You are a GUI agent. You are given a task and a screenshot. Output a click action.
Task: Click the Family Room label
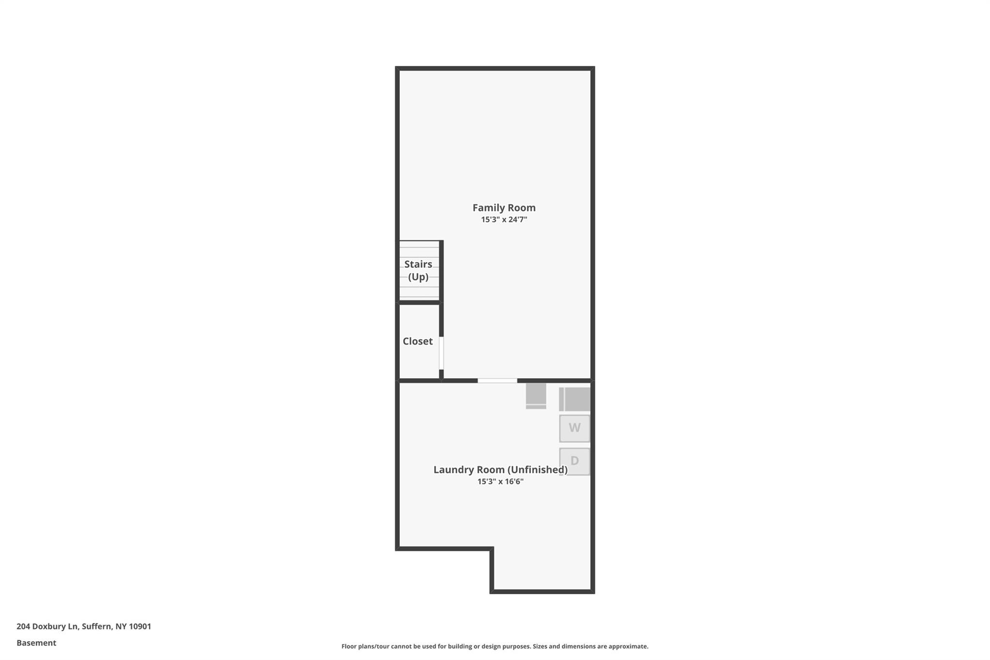tap(504, 208)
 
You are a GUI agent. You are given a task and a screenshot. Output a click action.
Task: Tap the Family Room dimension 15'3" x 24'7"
tap(504, 220)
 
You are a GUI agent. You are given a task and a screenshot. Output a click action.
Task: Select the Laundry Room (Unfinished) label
tap(500, 469)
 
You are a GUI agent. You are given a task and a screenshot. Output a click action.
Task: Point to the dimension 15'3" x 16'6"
tap(500, 482)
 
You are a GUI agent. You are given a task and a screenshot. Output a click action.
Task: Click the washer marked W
tap(575, 428)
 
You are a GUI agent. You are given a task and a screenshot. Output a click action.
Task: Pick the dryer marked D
tap(575, 461)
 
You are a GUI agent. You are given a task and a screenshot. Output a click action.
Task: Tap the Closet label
tap(418, 341)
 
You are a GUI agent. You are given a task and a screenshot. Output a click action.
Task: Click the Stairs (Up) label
tap(418, 270)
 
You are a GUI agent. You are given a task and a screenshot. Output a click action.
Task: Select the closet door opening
tap(441, 353)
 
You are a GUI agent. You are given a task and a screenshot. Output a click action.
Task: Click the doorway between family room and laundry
tap(497, 381)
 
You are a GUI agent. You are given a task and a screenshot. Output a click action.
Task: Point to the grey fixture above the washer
tap(575, 399)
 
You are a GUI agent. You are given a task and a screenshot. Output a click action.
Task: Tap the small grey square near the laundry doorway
tap(536, 396)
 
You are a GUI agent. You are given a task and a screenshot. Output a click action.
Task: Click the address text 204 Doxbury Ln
tap(47, 627)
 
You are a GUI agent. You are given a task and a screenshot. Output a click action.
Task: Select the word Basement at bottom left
tap(36, 643)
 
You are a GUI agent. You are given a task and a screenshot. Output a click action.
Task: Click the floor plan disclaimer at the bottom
tap(495, 646)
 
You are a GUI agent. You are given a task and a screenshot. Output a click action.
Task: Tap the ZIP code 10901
tap(140, 627)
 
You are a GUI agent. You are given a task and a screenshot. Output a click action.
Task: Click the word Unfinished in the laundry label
tap(538, 469)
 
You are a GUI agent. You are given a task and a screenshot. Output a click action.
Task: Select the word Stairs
tap(418, 264)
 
